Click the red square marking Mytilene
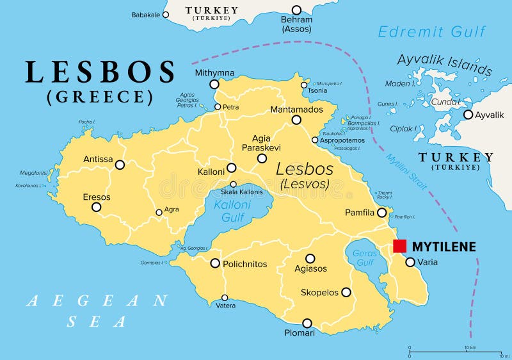click(x=400, y=246)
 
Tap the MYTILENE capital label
click(x=444, y=247)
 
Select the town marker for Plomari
click(x=307, y=323)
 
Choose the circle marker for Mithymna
click(x=214, y=84)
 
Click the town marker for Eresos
click(x=96, y=207)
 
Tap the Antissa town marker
click(x=120, y=165)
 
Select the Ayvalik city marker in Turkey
click(x=468, y=115)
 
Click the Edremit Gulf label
click(x=431, y=31)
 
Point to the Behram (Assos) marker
click(x=296, y=10)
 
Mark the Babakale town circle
click(x=165, y=14)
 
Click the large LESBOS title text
click(x=100, y=72)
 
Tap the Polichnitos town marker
click(x=215, y=263)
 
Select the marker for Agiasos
click(x=310, y=259)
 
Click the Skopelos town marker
click(x=346, y=292)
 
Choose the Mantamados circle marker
click(x=296, y=120)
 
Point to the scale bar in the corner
click(x=455, y=352)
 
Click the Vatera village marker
click(x=225, y=297)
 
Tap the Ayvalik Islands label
click(x=445, y=65)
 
